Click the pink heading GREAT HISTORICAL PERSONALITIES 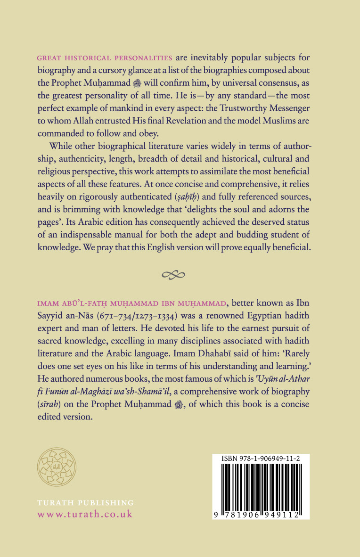coord(106,58)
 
